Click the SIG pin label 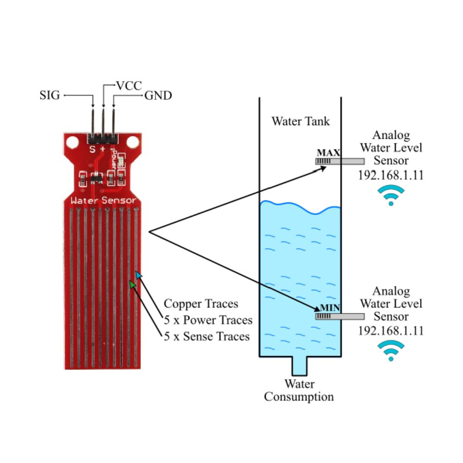click(50, 96)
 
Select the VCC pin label click(129, 86)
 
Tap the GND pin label click(158, 96)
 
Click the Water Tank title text click(300, 121)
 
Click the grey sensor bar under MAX click(339, 161)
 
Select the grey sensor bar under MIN click(339, 317)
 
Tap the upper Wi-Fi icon click(391, 195)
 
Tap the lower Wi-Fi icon click(391, 350)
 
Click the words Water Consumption click(299, 390)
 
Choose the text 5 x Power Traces click(208, 320)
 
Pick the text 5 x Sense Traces click(207, 336)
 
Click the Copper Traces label click(201, 304)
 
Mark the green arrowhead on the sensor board click(132, 283)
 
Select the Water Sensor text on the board click(103, 200)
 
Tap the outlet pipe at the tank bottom click(300, 366)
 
